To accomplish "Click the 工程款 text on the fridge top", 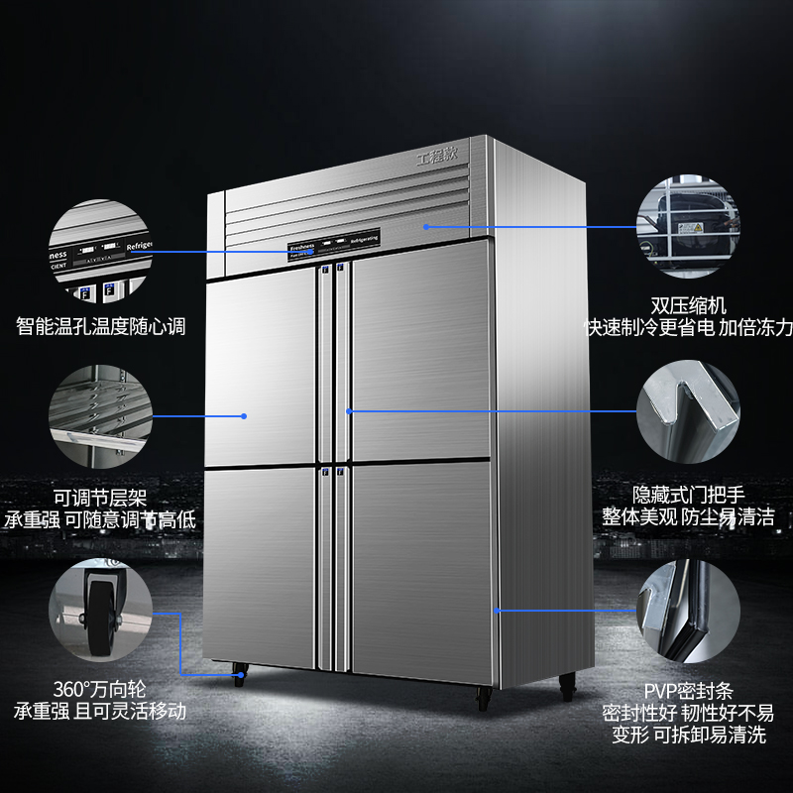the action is point(439,157).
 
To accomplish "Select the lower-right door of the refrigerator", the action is point(421,570).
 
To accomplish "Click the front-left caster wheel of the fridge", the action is point(239,676).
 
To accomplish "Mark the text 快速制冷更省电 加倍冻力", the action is point(691,328).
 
